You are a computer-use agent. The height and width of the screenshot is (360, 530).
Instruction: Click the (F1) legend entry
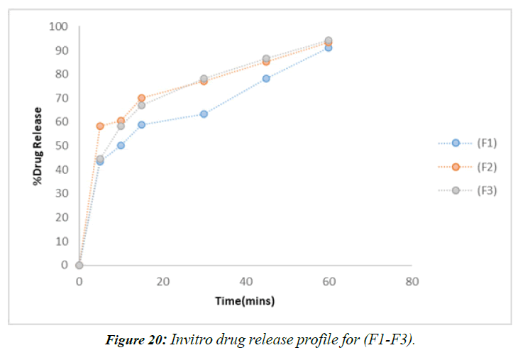[x=468, y=143]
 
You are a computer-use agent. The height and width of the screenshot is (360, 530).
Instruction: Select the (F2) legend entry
[x=468, y=167]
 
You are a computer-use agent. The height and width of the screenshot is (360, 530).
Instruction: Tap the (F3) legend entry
[x=468, y=190]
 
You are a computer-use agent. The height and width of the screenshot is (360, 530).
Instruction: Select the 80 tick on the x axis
[x=412, y=282]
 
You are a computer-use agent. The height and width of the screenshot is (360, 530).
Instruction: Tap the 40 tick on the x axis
[x=245, y=282]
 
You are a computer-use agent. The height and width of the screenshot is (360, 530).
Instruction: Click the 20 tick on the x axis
[x=162, y=282]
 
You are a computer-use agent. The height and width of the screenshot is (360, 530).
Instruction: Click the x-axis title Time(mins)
[x=245, y=301]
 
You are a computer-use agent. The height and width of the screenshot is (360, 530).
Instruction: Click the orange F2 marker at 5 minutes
[x=100, y=126]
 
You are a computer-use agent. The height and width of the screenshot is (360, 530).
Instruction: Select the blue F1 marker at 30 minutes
[x=204, y=114]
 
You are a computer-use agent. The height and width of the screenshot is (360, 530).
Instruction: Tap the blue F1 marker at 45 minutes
[x=266, y=78]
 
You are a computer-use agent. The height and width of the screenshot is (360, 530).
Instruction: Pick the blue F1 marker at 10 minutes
[x=121, y=146]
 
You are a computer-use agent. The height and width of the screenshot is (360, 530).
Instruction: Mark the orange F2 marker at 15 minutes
[x=141, y=98]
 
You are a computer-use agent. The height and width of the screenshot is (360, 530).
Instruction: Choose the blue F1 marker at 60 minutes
[x=328, y=48]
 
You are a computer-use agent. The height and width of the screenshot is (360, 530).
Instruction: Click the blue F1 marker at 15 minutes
[x=141, y=124]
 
